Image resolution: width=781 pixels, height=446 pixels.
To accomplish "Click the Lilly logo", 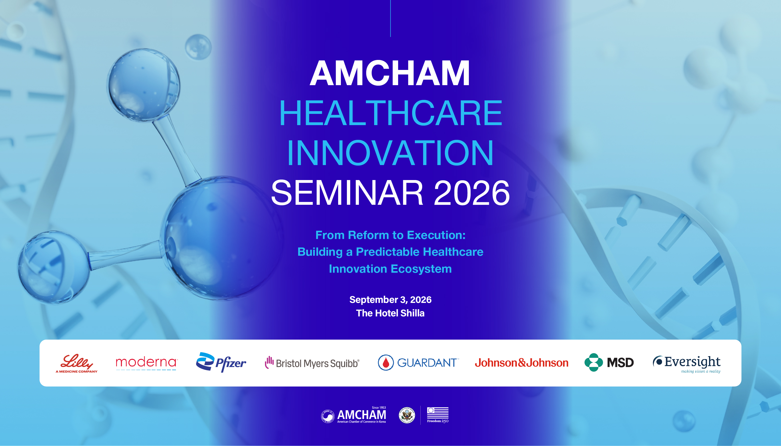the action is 76,363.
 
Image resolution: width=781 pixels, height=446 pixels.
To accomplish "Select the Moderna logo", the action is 146,363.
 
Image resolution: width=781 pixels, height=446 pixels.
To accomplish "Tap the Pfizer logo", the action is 221,362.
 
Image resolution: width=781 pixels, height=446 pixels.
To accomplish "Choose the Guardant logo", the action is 418,363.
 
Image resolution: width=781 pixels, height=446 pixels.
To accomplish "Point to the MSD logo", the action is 609,362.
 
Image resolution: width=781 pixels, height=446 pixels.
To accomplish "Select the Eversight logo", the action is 687,364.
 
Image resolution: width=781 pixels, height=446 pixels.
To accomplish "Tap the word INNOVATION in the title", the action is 390,153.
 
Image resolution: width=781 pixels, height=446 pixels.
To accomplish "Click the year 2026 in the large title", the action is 472,193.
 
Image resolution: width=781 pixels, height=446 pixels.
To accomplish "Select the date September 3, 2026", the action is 390,300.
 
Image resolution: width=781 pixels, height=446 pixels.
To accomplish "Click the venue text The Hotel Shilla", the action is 390,313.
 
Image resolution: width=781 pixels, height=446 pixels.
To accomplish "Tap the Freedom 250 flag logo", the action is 438,415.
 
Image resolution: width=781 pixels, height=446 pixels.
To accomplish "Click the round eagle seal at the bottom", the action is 407,415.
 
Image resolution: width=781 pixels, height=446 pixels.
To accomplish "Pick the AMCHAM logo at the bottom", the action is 353,415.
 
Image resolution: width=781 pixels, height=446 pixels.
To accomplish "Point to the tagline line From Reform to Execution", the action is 390,235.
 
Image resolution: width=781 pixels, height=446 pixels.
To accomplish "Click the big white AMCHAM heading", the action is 390,73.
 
